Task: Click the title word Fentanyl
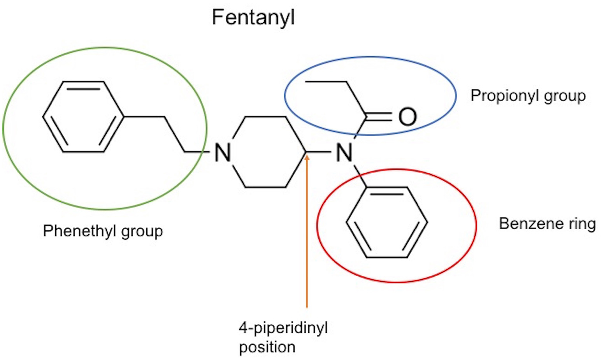coord(253,18)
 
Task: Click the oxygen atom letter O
coord(407,116)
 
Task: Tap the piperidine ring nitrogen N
coord(223,152)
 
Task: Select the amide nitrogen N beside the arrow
coord(344,152)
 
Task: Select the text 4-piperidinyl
coord(283,328)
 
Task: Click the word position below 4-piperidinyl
coord(267,347)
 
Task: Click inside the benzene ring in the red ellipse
coord(387,222)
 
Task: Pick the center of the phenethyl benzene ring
coord(83,116)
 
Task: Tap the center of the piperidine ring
coord(265,152)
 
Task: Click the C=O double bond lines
coord(379,116)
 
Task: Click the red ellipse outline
coord(476,226)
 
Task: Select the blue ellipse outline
coord(456,96)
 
